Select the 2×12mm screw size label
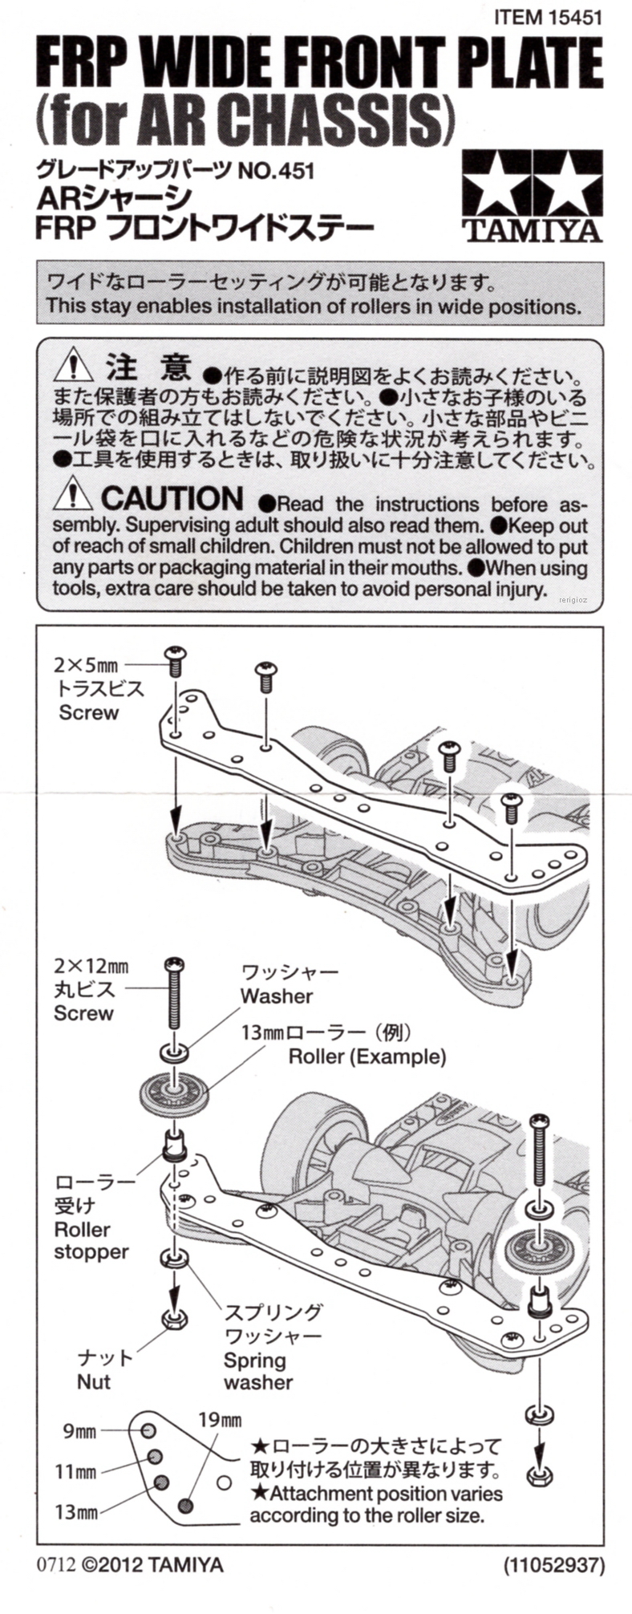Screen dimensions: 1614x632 pos(91,967)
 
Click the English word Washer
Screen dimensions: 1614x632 pos(276,996)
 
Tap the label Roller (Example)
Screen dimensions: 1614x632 pos(367,1056)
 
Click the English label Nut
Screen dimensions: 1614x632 pos(93,1381)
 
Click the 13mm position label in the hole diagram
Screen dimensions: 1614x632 pos(76,1513)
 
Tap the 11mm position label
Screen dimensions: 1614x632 pos(76,1472)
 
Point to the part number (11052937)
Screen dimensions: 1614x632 pos(553,1564)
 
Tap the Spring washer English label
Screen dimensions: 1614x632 pos(257,1371)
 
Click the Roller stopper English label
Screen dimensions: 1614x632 pos(91,1240)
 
